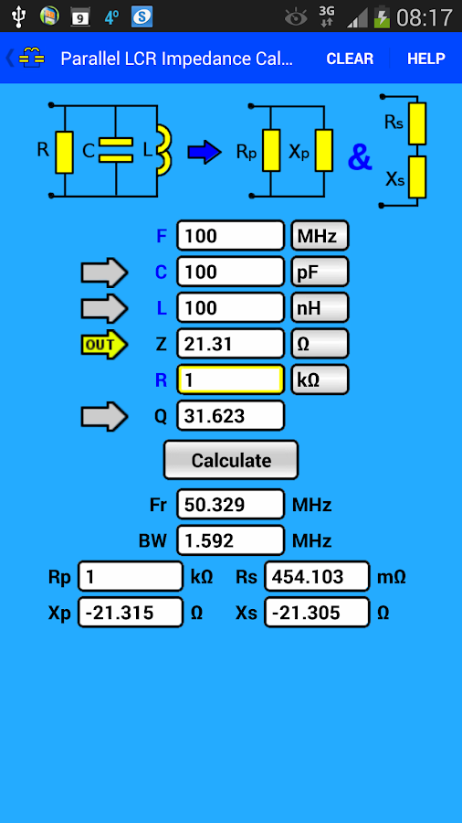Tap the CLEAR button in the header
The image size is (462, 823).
(350, 59)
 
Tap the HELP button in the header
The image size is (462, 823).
(425, 59)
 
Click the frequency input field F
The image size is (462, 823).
(231, 236)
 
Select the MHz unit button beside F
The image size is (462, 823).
(319, 236)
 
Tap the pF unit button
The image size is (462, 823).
(319, 272)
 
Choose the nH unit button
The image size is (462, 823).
(319, 307)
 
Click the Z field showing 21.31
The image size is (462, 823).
(231, 343)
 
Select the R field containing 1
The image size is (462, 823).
(231, 379)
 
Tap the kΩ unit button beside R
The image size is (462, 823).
(319, 379)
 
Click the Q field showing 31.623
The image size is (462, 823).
(231, 416)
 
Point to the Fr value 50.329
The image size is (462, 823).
(231, 505)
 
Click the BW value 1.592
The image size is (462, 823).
(231, 540)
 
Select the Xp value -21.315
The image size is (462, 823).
(131, 613)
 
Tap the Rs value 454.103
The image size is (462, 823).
(317, 577)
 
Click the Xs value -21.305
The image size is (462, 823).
(317, 613)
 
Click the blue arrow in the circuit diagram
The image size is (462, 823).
(205, 153)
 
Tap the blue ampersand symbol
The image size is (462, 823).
(360, 158)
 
